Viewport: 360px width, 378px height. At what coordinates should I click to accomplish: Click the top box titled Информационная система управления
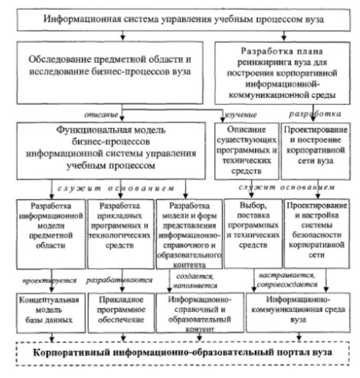184,20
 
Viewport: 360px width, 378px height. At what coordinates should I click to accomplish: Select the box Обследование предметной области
110,73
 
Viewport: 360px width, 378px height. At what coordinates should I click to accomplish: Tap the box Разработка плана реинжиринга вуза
283,73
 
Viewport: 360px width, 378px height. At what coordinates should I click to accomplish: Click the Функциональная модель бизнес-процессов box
111,151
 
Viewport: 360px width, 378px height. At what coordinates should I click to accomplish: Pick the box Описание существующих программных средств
247,151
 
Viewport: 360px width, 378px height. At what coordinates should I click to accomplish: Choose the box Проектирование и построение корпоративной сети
316,151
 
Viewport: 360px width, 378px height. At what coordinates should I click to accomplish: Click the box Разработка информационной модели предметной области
51,234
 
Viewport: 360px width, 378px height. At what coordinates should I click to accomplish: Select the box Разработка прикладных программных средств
121,234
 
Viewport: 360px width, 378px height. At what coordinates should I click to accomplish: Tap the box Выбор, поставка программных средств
254,234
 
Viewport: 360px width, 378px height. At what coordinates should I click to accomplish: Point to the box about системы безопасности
317,234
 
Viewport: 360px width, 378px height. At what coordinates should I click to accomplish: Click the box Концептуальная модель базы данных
51,313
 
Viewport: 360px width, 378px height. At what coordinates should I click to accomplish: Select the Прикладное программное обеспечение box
121,313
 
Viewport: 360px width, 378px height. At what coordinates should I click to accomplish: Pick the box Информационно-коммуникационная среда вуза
298,313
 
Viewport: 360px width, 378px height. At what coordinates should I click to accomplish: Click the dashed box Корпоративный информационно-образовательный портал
183,353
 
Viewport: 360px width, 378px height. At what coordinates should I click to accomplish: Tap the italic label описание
101,115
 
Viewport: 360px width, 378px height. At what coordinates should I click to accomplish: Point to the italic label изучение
241,115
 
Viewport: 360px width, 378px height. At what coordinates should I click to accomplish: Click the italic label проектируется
50,281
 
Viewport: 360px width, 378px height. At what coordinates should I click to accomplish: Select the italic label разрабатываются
119,280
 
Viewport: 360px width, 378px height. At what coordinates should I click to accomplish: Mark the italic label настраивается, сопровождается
287,280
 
